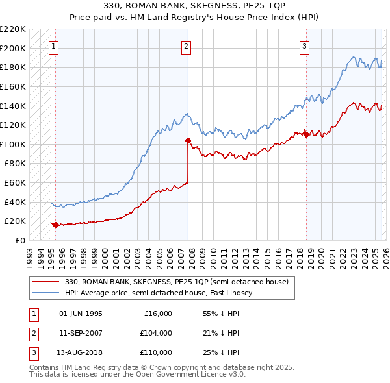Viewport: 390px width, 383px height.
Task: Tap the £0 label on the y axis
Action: point(20,240)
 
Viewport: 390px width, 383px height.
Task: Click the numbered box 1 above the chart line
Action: point(53,46)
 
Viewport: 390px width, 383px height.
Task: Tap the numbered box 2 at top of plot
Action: point(186,46)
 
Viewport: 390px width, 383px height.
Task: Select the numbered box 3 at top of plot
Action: point(304,46)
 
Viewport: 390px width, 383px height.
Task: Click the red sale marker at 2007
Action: point(188,140)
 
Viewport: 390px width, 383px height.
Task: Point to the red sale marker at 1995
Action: point(55,225)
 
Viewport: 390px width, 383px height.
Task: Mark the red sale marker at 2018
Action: point(306,134)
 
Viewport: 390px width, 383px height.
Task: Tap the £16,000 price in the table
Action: point(157,314)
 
